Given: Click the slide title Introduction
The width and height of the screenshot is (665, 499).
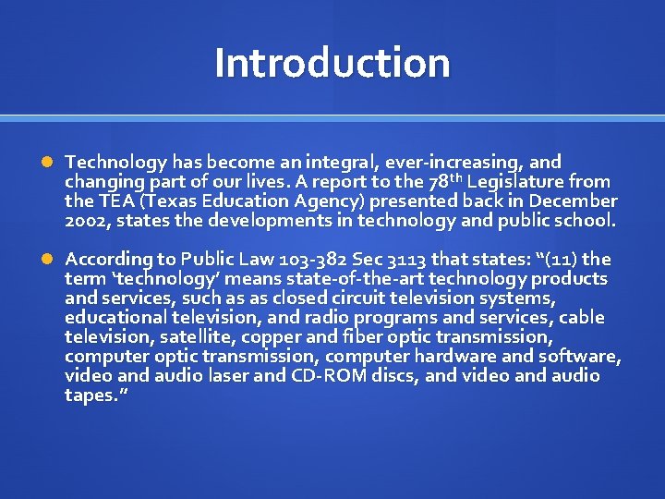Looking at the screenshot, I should click(x=332, y=63).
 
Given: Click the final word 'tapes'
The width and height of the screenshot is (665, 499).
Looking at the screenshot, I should click(x=88, y=395).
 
